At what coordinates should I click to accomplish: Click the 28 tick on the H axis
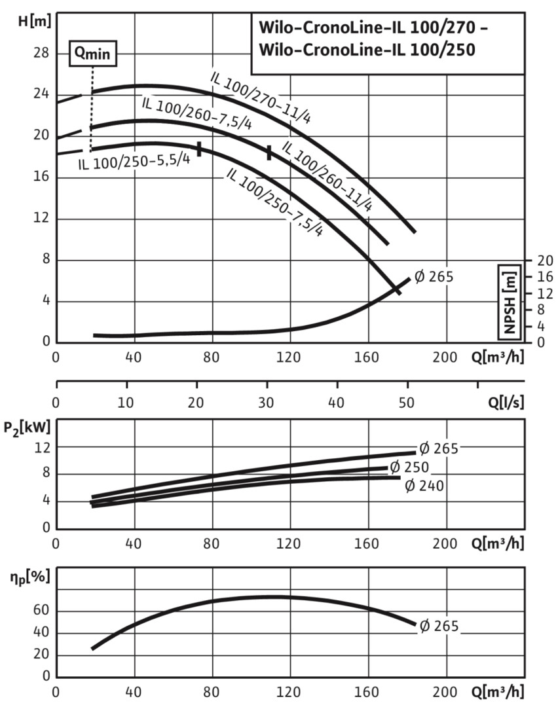coord(41,53)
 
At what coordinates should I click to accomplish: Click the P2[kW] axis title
coord(31,428)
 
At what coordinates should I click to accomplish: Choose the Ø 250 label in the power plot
coord(409,467)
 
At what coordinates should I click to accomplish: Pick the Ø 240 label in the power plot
coord(425,486)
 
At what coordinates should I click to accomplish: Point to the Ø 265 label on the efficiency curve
coord(439,626)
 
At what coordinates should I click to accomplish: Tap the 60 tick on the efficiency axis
coord(41,611)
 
